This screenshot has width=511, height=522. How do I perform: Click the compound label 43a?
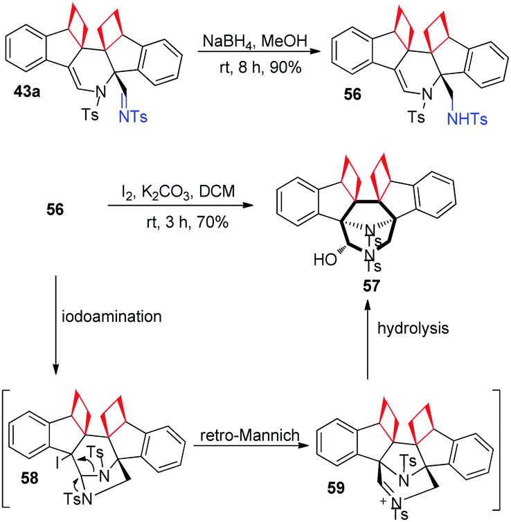tap(27, 91)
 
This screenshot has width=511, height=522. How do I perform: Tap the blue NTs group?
tap(133, 117)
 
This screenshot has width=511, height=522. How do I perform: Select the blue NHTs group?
tap(467, 119)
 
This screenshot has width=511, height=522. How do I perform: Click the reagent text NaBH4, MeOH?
tap(255, 42)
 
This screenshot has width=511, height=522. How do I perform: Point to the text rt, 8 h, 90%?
tap(260, 68)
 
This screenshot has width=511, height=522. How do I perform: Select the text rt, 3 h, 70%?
tap(188, 222)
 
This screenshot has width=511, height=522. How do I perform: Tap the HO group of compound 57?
tap(325, 260)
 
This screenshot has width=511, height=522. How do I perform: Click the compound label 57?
tap(371, 286)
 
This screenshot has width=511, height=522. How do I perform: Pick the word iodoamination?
tap(112, 316)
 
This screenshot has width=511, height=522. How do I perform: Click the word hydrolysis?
tap(413, 329)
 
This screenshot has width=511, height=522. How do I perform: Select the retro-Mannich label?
tap(250, 435)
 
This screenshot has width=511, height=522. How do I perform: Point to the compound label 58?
tap(30, 478)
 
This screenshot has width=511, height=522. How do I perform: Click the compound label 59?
tap(336, 488)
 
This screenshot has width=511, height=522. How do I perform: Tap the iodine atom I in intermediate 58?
tap(57, 462)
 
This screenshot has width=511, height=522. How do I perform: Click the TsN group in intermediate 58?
tap(78, 499)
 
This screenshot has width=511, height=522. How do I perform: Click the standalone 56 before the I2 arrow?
tap(55, 210)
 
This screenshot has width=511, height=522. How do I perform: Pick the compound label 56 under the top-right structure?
tap(352, 95)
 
